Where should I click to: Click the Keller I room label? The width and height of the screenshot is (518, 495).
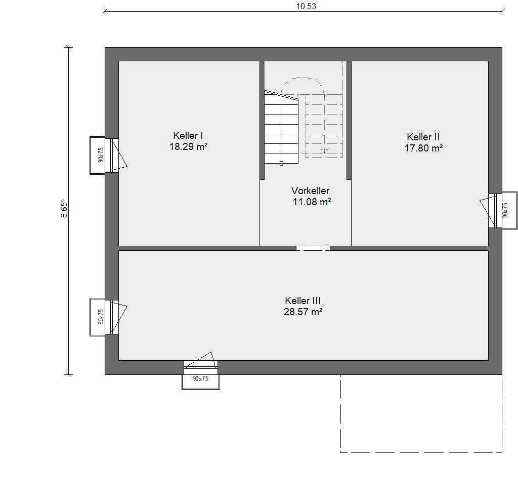coord(188,135)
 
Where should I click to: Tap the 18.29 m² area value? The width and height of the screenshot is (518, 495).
coord(188,146)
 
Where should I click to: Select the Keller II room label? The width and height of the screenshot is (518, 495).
coord(423,137)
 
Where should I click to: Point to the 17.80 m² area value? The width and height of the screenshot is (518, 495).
coord(423,148)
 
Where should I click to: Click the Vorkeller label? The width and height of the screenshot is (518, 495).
coord(310,191)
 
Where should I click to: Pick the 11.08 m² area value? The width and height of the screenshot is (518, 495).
coord(312,202)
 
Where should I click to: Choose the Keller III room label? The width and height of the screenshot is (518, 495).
coord(303,301)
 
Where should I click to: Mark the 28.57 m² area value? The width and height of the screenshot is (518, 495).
coord(303,312)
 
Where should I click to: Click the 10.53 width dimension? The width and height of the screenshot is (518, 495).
coord(306,6)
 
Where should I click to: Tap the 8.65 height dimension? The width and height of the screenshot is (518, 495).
coord(64,208)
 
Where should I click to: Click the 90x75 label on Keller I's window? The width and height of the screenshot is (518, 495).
coord(101,155)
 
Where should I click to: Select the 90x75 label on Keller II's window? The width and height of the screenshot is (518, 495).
coord(505,210)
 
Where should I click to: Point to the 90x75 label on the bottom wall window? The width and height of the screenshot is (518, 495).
coord(200,378)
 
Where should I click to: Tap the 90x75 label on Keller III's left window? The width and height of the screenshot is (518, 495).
coord(101,317)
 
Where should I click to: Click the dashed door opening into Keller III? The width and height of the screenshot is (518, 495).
coord(313,248)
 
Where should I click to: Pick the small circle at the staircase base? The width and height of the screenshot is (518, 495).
coord(281,163)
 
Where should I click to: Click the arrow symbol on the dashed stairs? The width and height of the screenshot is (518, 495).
coord(324,151)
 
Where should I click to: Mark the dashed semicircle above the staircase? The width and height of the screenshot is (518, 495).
coord(303,78)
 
